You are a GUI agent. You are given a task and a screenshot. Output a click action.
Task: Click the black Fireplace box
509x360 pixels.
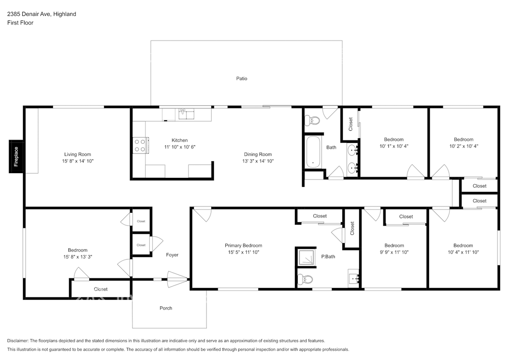coord(16,156)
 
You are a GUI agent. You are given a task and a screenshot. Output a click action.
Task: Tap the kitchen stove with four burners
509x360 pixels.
coord(140,145)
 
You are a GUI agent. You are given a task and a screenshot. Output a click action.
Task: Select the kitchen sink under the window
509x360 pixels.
coord(186,114)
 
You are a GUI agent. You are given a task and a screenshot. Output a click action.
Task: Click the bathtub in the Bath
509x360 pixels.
coord(314,152)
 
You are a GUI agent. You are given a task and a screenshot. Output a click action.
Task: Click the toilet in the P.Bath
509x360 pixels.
coord(305,279)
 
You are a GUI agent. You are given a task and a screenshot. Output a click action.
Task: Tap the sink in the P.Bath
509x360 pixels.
coord(353,278)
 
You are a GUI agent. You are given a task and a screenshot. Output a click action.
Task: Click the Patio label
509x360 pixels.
coord(241,78)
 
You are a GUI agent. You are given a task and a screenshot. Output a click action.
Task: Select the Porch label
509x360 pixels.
coord(166,308)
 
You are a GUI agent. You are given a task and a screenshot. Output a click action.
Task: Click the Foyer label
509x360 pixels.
coord(172,255)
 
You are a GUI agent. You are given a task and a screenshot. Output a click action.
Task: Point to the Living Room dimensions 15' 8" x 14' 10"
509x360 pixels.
coord(78,161)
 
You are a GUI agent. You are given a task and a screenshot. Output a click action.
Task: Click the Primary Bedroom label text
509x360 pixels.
coord(243,245)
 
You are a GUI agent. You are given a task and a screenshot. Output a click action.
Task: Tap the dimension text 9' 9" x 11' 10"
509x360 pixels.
coord(394,252)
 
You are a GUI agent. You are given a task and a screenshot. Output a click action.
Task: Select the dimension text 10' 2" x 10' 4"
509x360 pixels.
coord(463,146)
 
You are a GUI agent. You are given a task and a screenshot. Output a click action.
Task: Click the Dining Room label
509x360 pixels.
coord(258,154)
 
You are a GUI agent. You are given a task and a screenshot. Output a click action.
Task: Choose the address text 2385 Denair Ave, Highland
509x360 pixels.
coord(41,14)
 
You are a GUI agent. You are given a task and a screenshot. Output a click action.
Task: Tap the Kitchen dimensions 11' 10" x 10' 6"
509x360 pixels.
coord(180,147)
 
